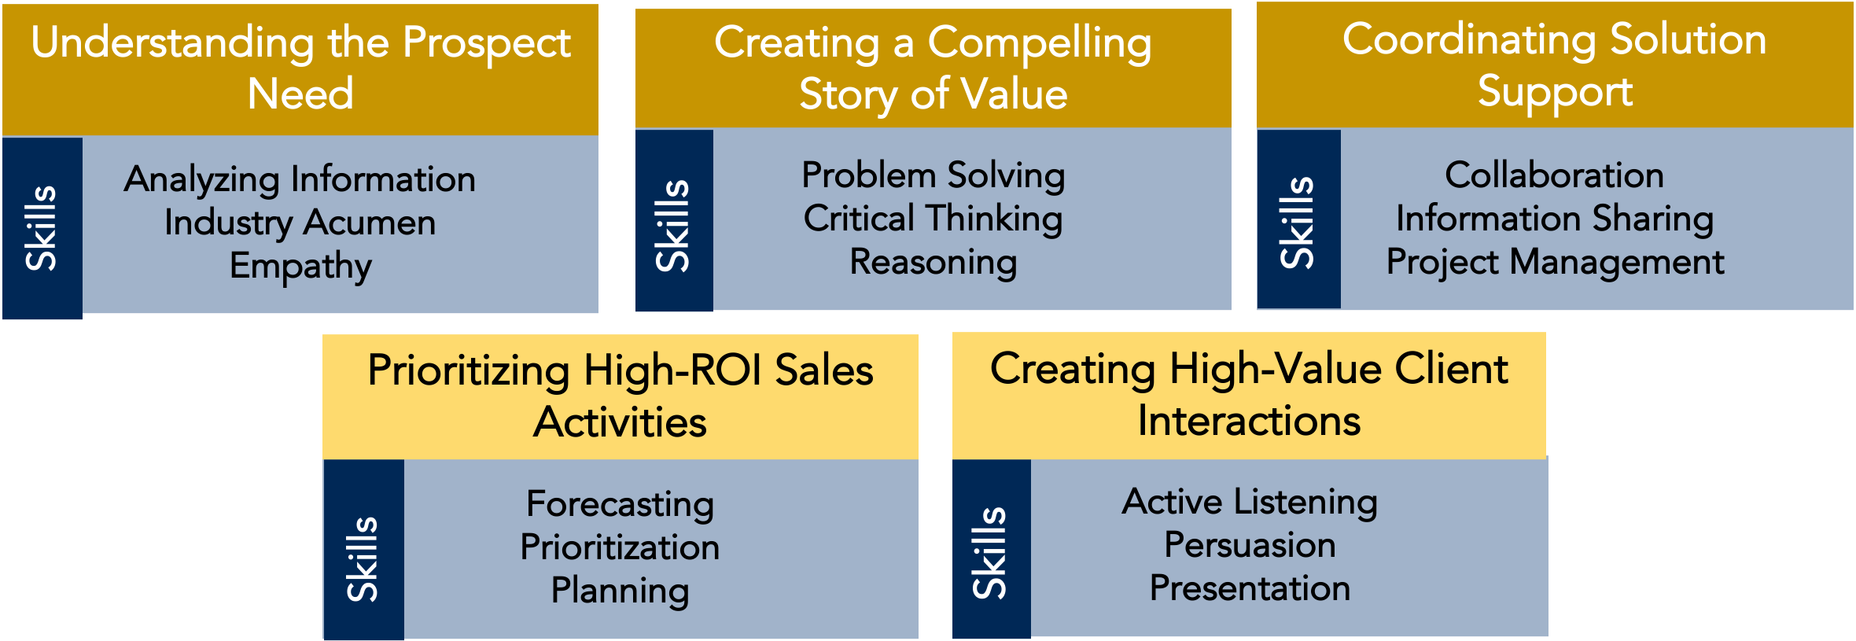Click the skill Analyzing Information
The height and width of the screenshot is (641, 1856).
(x=300, y=180)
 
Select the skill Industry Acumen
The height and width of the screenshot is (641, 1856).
(x=300, y=223)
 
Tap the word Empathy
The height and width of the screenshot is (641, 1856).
(x=300, y=267)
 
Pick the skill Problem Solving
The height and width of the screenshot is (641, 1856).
(x=933, y=175)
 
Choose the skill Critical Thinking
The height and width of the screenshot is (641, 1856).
(x=933, y=219)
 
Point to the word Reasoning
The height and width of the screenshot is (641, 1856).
(x=933, y=262)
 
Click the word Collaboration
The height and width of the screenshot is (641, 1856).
(x=1554, y=175)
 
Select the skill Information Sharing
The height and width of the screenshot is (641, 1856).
(x=1554, y=219)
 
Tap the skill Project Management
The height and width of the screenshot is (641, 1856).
(x=1554, y=262)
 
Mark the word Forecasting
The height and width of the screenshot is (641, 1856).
(x=620, y=504)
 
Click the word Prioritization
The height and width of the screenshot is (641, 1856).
(x=620, y=547)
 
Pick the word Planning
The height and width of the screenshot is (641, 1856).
(x=620, y=591)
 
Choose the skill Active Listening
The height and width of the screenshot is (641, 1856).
(x=1249, y=502)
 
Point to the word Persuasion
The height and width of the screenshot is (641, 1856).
(x=1249, y=545)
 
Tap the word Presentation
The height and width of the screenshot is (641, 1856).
(x=1249, y=588)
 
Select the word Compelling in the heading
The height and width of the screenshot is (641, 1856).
(x=1039, y=43)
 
